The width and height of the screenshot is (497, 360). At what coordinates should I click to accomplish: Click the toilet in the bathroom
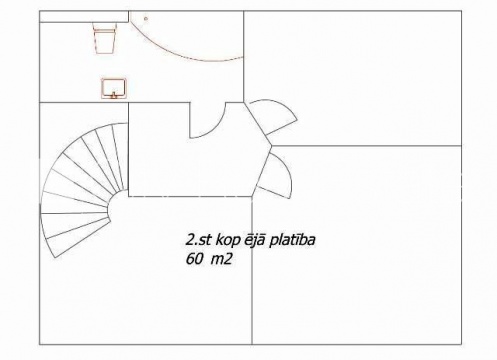tap(105, 38)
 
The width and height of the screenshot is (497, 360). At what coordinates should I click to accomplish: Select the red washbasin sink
tap(114, 88)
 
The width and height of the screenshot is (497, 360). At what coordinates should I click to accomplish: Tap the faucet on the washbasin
tap(114, 96)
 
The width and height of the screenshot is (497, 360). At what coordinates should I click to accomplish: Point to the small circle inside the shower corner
tap(146, 19)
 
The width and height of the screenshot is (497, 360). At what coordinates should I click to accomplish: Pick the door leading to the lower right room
tap(273, 175)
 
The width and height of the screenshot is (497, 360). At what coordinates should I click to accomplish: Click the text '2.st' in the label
tap(198, 240)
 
